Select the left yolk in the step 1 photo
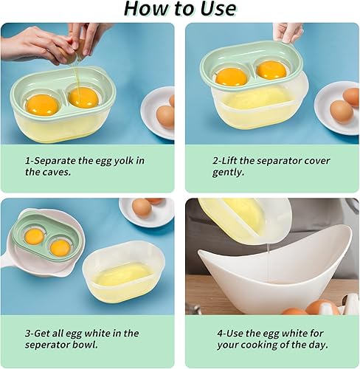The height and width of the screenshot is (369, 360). tap(42, 104)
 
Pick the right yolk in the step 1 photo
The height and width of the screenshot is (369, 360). tap(83, 97)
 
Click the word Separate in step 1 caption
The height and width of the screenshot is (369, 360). tap(57, 160)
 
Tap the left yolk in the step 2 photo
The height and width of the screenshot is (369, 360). tap(231, 76)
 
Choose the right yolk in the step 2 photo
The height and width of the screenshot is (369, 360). tap(271, 70)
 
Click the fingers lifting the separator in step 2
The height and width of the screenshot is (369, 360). tap(288, 33)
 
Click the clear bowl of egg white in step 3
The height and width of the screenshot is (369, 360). tap(123, 272)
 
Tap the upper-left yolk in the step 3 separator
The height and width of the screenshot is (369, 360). tap(34, 236)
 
